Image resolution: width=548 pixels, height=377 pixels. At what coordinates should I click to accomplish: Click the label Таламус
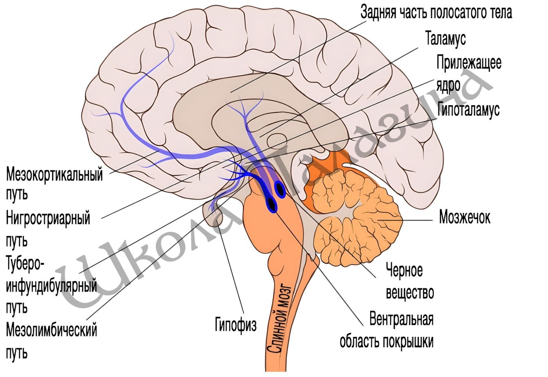coord(445,38)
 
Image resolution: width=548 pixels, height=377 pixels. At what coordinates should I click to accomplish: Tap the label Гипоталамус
coord(468,110)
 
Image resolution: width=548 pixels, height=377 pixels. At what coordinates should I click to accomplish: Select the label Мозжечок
coord(465,217)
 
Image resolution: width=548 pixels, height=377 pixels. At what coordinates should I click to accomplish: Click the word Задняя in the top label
coord(378,12)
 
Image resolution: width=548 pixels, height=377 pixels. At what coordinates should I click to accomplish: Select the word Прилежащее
coord(469,63)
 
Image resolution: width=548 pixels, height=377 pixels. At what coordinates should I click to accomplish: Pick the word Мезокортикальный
coord(54,175)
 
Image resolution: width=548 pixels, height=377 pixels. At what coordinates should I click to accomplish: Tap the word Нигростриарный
coord(48,218)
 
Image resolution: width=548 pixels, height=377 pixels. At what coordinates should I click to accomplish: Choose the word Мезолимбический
coord(51,330)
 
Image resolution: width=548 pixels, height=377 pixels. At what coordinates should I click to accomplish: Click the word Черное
coord(404,270)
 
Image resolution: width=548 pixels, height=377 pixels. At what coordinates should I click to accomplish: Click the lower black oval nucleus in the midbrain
coord(272,204)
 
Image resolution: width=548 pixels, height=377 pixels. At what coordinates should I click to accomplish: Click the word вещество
coord(410,292)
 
